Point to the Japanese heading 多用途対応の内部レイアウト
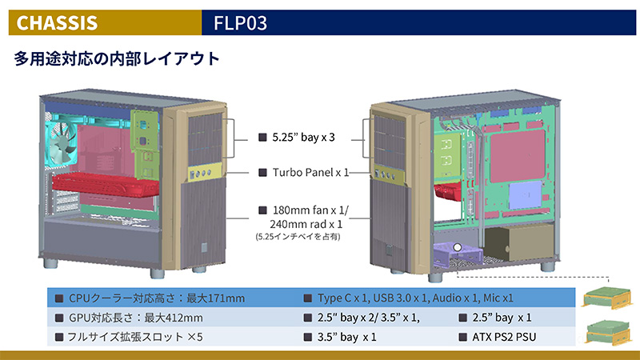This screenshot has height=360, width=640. pyautogui.click(x=117, y=60)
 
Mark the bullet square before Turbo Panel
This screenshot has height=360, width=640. pyautogui.click(x=262, y=173)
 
